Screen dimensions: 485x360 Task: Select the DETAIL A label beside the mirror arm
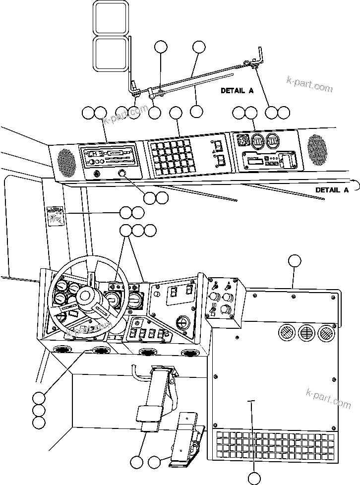(237, 91)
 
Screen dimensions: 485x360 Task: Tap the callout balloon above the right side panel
(295, 261)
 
